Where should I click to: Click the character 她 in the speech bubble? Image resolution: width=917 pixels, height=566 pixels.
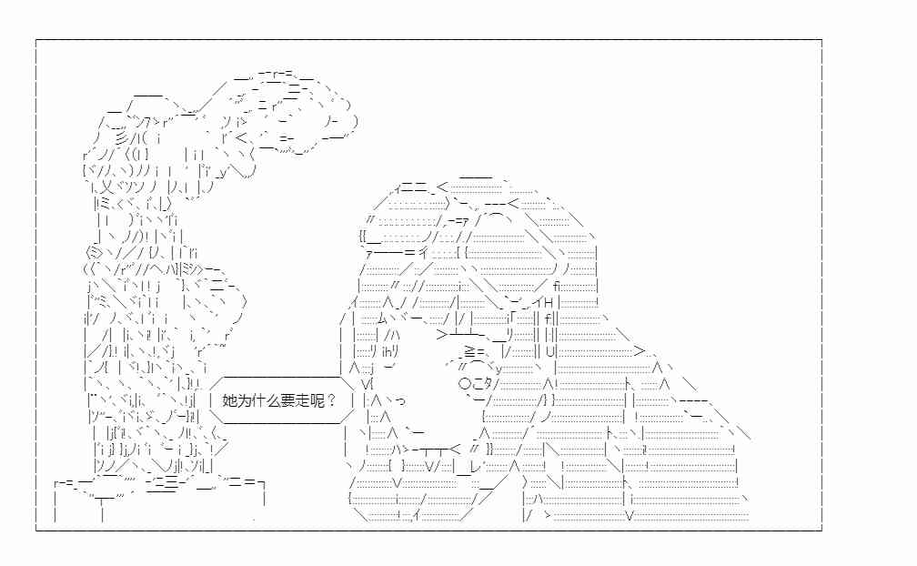229,400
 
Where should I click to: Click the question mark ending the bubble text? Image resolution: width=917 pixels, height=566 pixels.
331,400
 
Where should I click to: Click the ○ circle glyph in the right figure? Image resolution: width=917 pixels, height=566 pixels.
465,384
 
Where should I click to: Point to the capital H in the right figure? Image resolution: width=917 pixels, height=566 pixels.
549,303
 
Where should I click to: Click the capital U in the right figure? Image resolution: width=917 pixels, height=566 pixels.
549,352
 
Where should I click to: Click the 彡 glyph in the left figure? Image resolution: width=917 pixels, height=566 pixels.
121,139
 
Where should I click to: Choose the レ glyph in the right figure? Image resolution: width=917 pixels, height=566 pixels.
474,466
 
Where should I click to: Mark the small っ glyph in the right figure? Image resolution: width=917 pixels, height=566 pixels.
400,401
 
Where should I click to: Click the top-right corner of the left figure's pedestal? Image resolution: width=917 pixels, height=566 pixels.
265,483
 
